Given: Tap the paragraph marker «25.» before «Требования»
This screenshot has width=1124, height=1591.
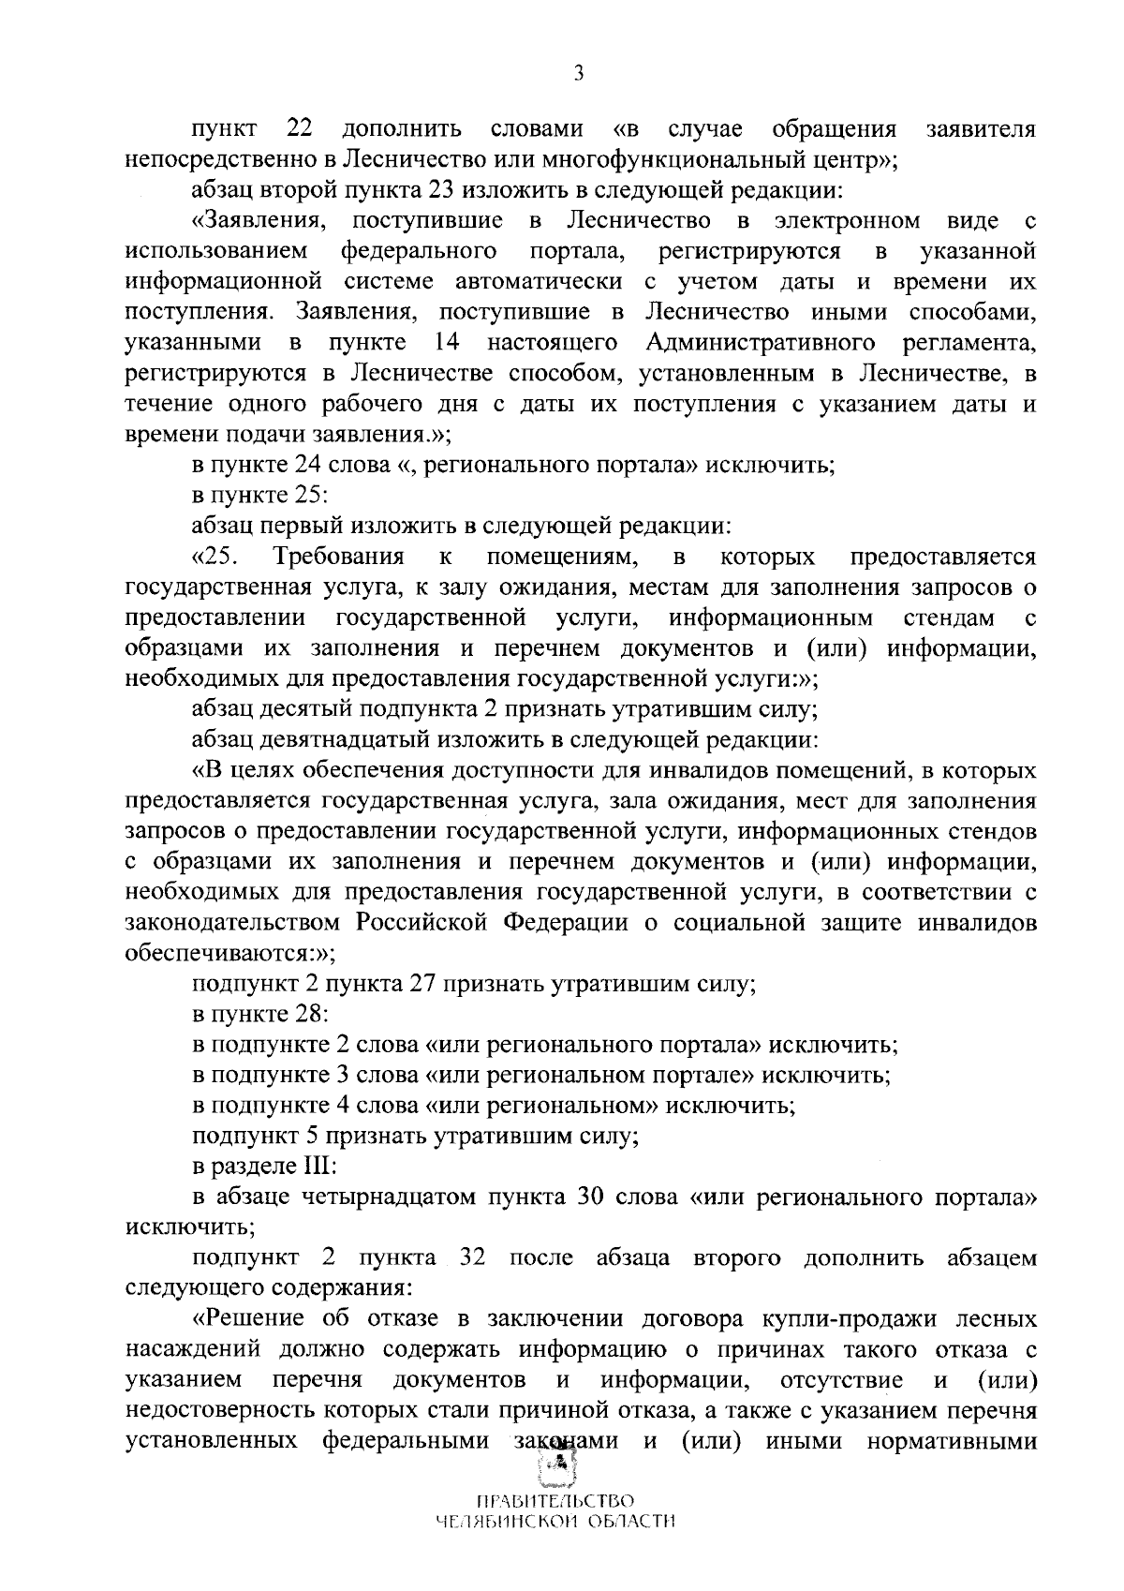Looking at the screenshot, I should [215, 558].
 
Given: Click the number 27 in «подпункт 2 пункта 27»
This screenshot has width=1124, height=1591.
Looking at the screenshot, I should [426, 985].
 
